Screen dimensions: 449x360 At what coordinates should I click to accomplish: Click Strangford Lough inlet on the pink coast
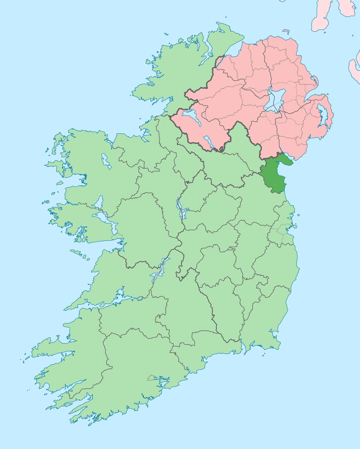coord(321,112)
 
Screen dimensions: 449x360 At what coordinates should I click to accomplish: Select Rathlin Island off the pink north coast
coord(286,31)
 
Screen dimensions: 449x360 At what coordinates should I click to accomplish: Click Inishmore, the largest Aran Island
coord(77,253)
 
